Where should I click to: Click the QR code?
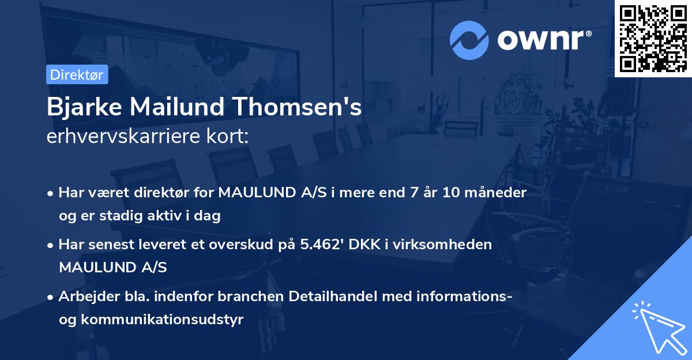[x=653, y=38]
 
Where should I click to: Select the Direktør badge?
[x=77, y=74]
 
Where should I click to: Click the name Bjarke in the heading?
[x=85, y=108]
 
